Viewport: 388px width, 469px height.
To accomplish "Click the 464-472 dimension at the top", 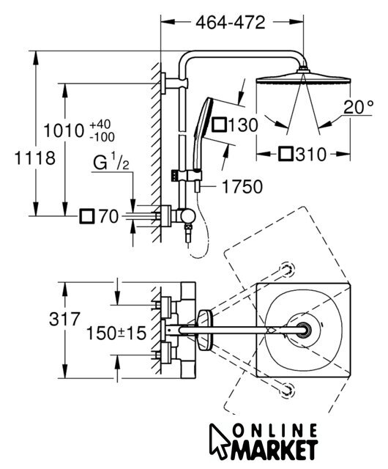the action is (230, 23).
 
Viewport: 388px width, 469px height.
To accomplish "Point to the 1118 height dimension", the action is (35, 158).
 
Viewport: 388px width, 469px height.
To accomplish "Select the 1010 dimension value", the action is (64, 130).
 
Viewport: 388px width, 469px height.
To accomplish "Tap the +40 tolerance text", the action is (100, 124).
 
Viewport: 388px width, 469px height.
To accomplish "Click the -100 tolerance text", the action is (102, 137).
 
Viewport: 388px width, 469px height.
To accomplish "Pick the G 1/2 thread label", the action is (111, 161).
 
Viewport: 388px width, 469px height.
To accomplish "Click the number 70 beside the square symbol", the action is (108, 216).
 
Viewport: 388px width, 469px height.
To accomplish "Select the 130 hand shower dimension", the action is (243, 125).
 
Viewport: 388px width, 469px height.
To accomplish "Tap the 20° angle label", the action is (359, 107).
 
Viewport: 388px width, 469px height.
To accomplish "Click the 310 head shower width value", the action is (311, 155).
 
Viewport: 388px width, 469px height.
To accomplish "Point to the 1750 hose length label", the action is (242, 187).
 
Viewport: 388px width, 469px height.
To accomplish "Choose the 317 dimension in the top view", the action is (65, 319).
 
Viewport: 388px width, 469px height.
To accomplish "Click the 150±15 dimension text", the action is (116, 333).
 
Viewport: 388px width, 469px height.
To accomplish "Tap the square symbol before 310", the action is (286, 154).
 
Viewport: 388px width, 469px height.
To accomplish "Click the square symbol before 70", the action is (87, 217).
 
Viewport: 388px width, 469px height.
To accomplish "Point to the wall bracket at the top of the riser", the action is (174, 84).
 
